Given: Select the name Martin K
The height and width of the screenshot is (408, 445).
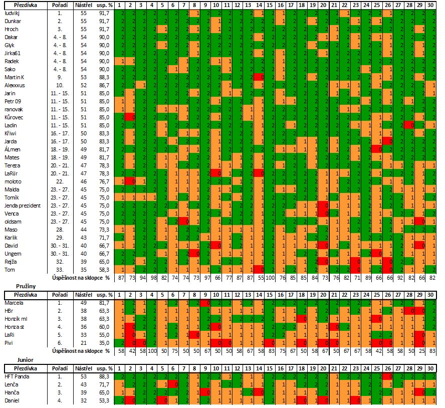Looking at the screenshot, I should pos(15,77).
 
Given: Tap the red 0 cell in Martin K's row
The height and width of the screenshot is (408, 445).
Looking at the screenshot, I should pos(259,77).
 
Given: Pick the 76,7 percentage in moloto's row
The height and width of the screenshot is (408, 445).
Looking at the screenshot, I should pos(105,180).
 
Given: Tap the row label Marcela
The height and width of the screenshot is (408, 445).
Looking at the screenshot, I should pos(14,303).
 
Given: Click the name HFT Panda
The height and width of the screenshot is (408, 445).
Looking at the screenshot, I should pos(17,375).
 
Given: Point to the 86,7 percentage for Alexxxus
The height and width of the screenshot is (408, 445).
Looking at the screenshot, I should pos(105,85).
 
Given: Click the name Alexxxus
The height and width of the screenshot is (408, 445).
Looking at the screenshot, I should pos(15,85).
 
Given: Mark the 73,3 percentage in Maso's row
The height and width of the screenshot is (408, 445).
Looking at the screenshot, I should pos(105,229).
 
